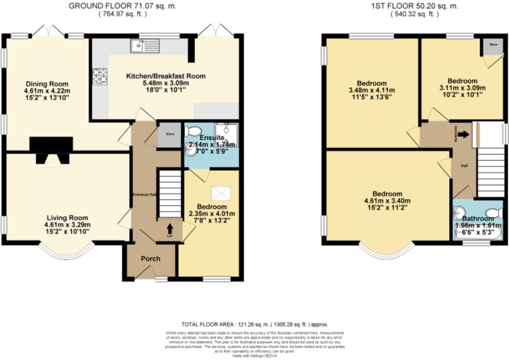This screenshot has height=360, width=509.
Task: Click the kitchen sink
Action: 145,46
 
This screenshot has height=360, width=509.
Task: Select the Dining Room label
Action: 47,84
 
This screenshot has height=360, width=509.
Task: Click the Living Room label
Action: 67,218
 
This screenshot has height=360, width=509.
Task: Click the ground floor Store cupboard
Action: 170,135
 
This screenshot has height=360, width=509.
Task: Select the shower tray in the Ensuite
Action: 227,134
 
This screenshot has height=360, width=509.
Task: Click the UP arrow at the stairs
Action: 170,229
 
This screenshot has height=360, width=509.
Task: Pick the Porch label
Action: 150,259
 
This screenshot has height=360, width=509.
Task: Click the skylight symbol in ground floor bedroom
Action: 221,193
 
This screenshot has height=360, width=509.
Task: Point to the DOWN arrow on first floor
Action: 463,134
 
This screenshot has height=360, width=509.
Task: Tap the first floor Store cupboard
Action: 493,46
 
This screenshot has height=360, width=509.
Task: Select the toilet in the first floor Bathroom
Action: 494,213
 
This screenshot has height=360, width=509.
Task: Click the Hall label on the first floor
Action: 464,166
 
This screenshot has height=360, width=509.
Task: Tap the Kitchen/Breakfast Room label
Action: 166,76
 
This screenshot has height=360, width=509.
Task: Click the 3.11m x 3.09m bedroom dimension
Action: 462,88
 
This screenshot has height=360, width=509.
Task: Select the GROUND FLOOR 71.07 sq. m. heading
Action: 123,6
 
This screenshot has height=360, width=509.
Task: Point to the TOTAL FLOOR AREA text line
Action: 254,324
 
